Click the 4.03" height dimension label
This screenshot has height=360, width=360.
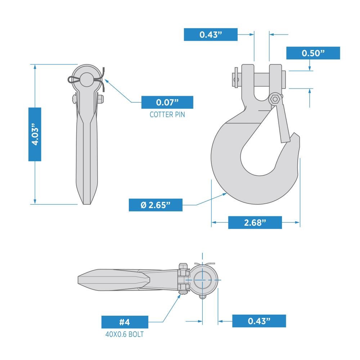(x=35, y=134)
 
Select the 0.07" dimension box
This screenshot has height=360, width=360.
(x=167, y=102)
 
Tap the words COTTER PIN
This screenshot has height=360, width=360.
(x=167, y=115)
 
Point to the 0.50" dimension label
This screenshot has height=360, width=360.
(x=313, y=53)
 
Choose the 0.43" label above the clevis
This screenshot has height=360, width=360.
(x=211, y=35)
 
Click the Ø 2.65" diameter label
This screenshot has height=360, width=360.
(x=156, y=205)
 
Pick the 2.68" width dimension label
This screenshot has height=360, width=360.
(x=255, y=222)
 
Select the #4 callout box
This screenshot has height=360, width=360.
(x=125, y=322)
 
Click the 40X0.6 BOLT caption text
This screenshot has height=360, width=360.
(x=125, y=334)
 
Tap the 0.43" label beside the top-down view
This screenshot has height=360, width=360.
(x=259, y=321)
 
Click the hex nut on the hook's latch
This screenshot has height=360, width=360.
(x=275, y=99)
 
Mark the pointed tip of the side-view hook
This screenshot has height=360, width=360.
(x=296, y=136)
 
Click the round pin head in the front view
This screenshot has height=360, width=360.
(x=86, y=79)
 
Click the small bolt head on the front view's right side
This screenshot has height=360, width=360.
(x=100, y=98)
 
